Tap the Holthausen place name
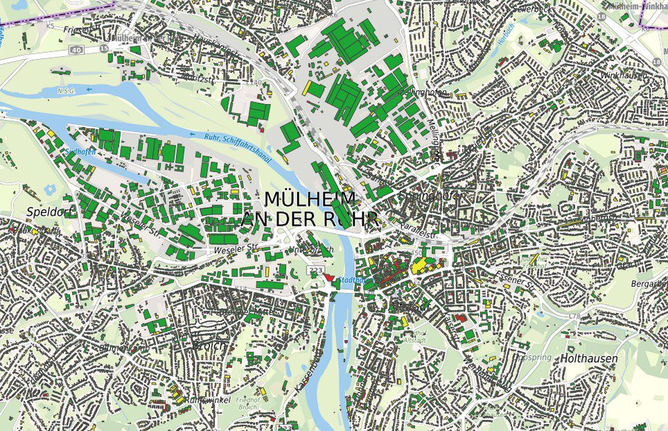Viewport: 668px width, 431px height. click(x=589, y=359)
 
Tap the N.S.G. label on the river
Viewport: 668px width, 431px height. click(x=67, y=90)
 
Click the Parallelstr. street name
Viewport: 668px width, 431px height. click(x=420, y=232)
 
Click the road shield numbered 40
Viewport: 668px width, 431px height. click(x=76, y=50)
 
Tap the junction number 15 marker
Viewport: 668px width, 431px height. click(x=103, y=48)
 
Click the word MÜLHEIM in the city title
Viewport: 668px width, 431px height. click(x=310, y=199)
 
